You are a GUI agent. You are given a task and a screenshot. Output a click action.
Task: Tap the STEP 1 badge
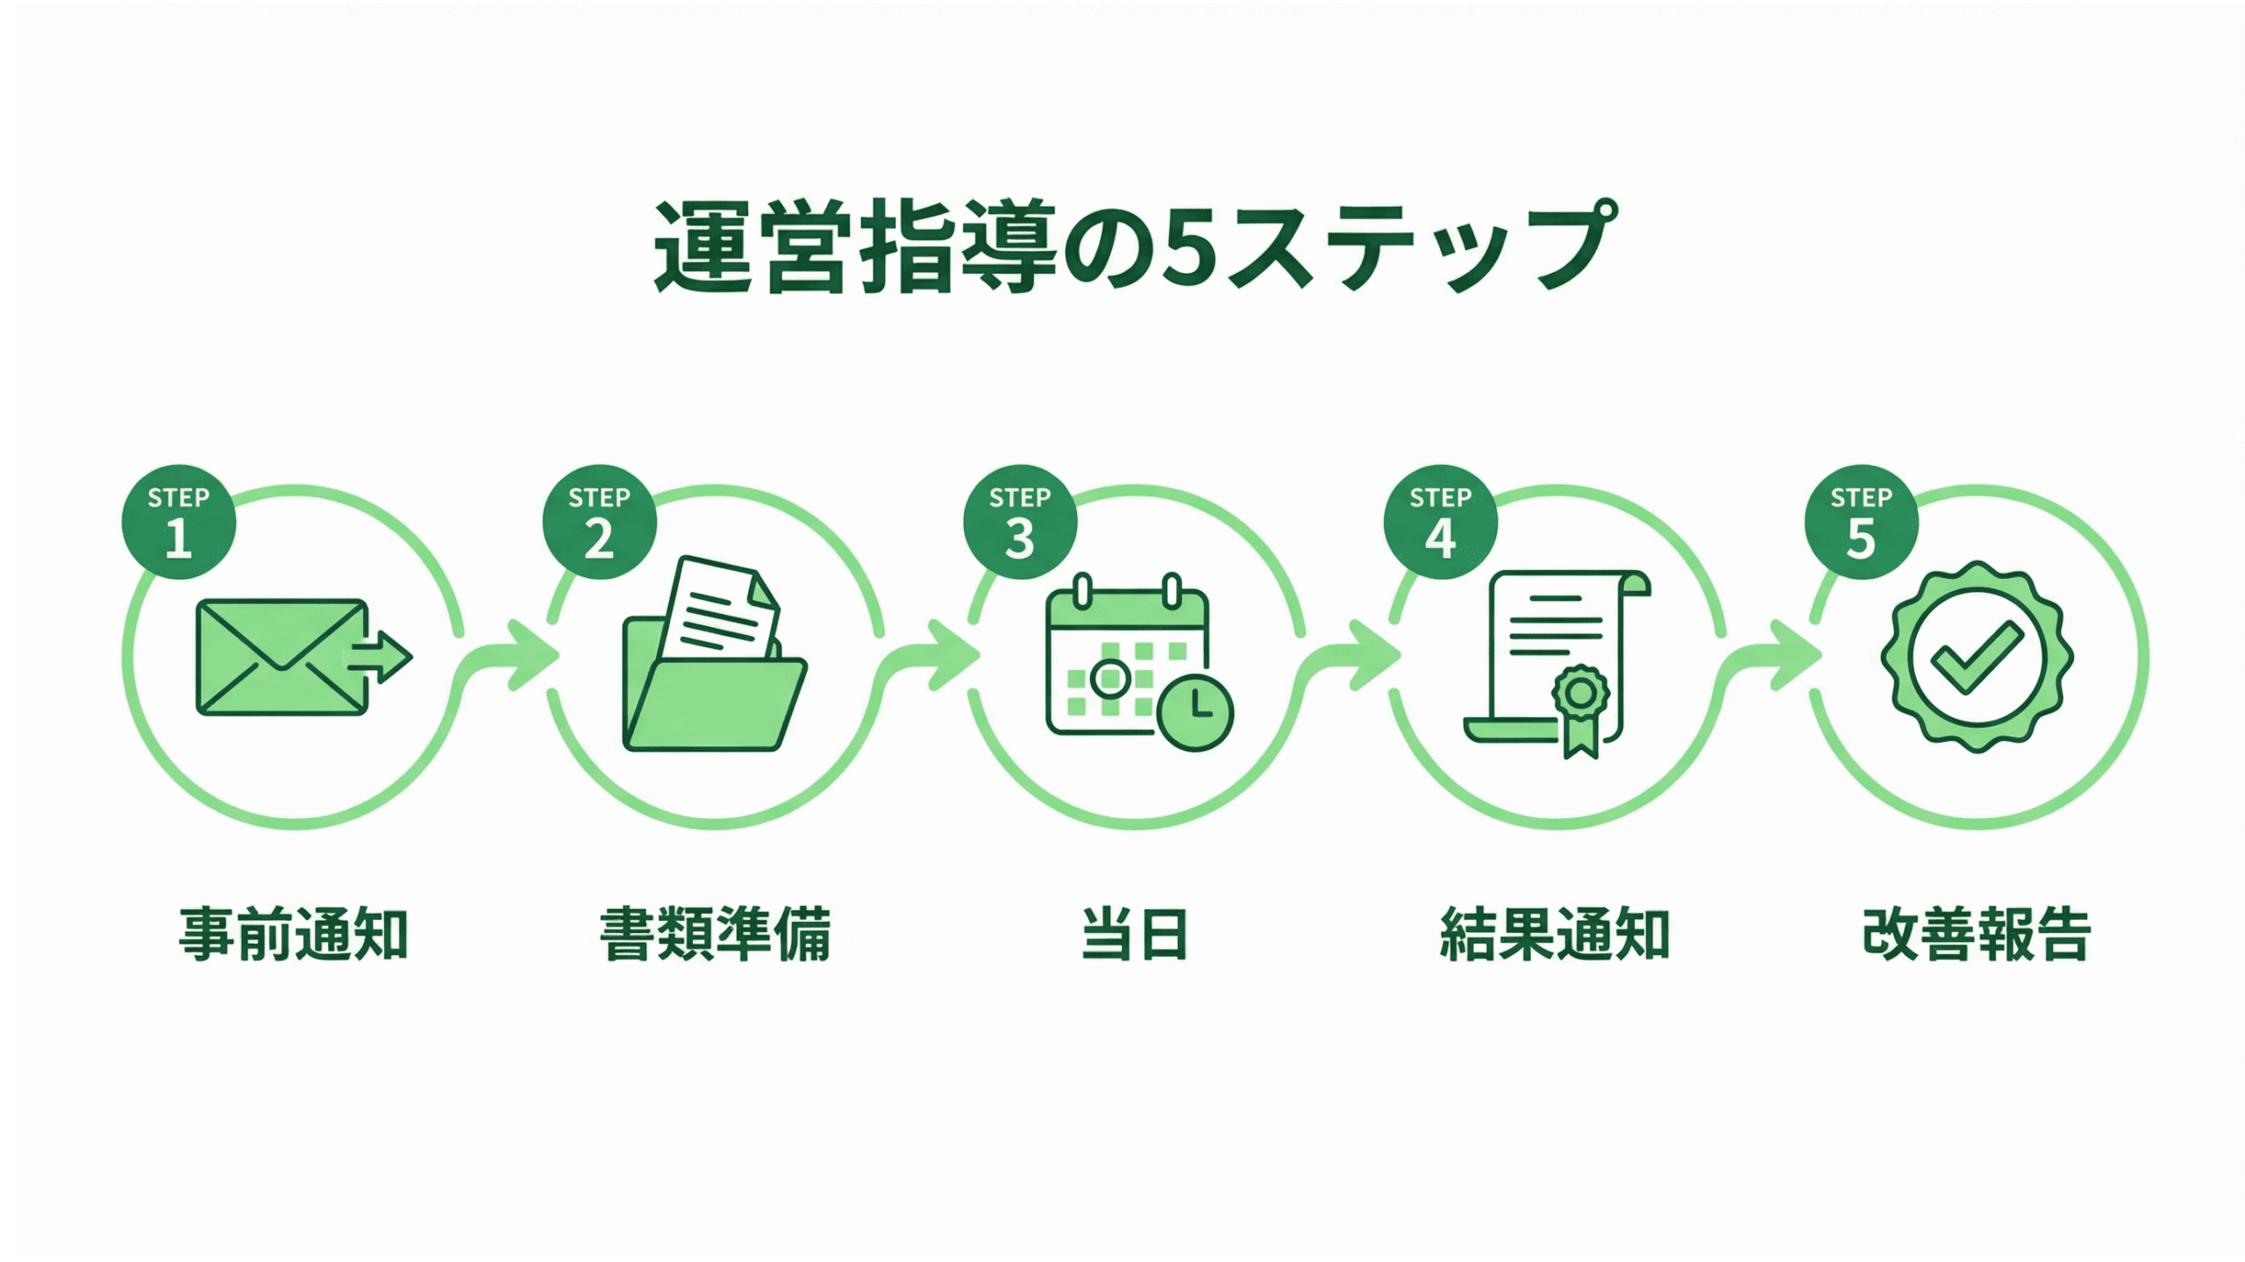pos(179,522)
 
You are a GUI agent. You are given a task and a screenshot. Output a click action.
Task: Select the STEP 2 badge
pos(599,522)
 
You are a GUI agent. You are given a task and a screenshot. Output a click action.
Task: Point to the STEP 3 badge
pos(1020,522)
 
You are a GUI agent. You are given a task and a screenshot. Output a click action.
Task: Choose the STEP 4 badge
pos(1440,522)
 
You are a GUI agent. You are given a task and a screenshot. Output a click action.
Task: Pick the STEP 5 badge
pos(1861,522)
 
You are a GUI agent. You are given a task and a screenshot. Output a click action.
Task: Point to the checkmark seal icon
pos(1977,657)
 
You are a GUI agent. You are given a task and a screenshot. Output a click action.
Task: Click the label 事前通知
pos(294,935)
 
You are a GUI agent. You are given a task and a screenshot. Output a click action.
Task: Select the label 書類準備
pos(715,935)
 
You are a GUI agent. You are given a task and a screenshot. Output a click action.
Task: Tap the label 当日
pos(1135,935)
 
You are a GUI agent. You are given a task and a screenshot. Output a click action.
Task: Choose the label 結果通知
pos(1555,935)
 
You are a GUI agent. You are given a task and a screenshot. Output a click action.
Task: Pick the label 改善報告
pos(1977,935)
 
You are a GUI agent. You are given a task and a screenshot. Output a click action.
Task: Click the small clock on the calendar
pos(1195,712)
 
